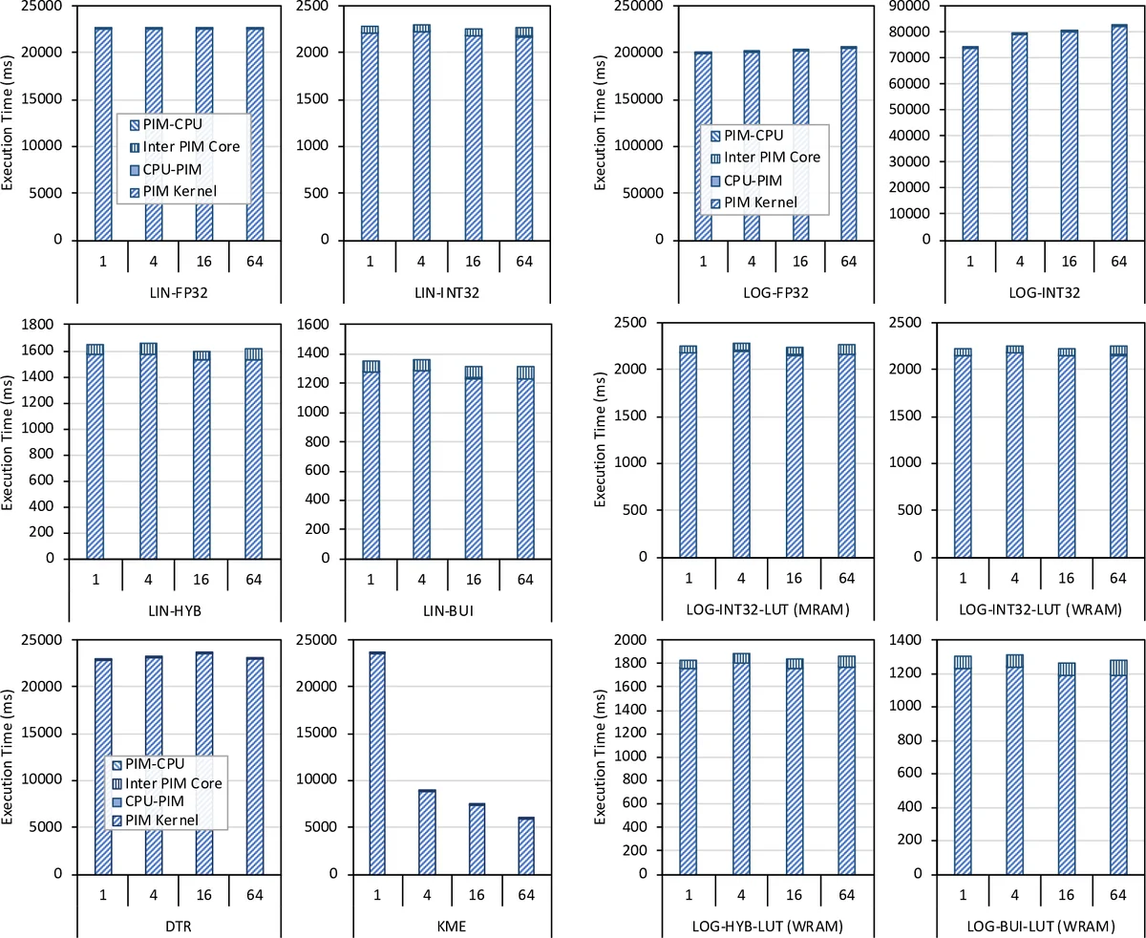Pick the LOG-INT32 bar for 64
coord(1118,133)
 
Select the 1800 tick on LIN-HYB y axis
coord(42,325)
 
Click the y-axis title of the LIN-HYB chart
coord(10,441)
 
